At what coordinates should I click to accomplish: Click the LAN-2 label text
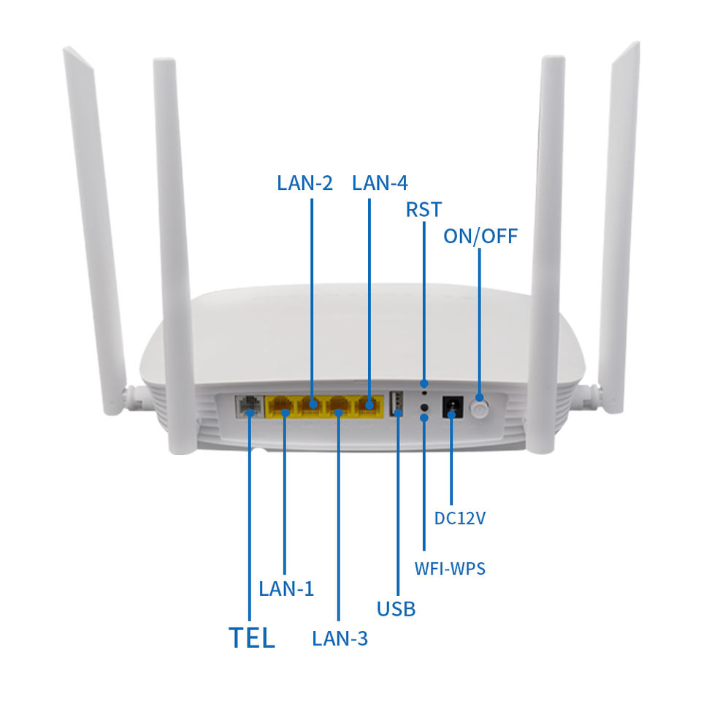click(x=304, y=183)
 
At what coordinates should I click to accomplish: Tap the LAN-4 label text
click(x=380, y=183)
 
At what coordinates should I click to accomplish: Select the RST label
click(x=424, y=210)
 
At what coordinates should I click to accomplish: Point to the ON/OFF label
click(x=480, y=236)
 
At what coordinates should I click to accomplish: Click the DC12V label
click(x=460, y=518)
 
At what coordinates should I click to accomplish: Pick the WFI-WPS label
click(x=450, y=567)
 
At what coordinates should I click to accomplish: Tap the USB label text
click(x=397, y=608)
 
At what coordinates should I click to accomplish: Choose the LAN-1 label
click(x=286, y=589)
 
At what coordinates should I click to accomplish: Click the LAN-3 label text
click(x=340, y=638)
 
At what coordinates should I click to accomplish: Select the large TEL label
click(x=252, y=637)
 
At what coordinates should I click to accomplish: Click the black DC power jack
click(x=452, y=406)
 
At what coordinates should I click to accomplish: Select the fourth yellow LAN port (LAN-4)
click(x=368, y=406)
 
